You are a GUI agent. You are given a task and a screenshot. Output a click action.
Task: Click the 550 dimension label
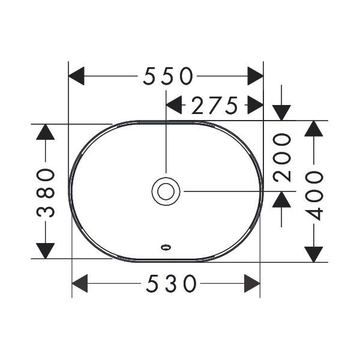point(168,76)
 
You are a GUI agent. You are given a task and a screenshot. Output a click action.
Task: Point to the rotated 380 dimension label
point(46,192)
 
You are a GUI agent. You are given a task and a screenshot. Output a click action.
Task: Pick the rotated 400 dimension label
point(314,193)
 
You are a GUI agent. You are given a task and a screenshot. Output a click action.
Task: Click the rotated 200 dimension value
point(281,157)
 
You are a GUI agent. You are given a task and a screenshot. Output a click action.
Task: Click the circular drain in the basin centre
point(166,191)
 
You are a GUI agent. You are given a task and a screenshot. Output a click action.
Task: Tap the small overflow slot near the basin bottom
point(166,245)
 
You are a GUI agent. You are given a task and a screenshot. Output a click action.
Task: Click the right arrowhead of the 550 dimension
point(256,76)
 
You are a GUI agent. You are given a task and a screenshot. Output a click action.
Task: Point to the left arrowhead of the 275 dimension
point(174,106)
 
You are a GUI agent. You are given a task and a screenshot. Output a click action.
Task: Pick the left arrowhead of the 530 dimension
point(80,283)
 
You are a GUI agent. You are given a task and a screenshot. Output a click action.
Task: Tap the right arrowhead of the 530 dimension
point(252,283)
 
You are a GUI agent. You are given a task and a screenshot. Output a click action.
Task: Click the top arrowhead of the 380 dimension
point(46,131)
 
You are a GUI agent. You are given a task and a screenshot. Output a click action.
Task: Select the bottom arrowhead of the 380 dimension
point(46,251)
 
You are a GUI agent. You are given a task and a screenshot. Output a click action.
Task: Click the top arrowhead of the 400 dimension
point(314,128)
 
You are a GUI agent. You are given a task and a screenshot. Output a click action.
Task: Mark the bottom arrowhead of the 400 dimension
point(314,254)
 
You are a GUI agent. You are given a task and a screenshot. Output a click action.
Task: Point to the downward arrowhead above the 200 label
point(281,112)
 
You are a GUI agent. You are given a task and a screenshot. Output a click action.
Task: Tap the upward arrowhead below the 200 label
point(281,199)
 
